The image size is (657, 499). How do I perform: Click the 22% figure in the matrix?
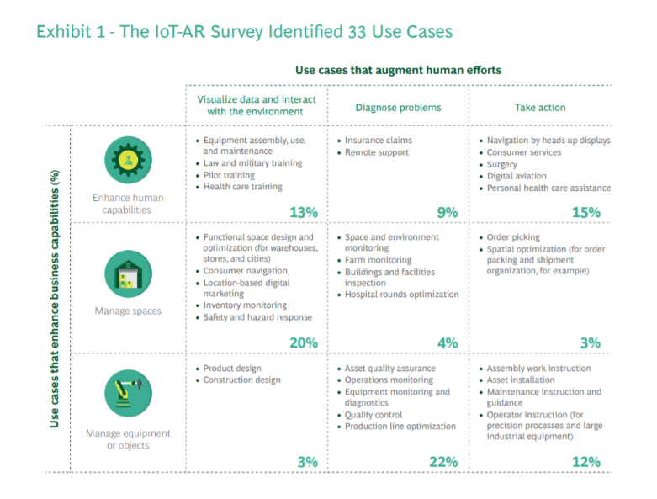pyautogui.click(x=443, y=461)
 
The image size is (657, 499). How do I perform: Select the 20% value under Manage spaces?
pyautogui.click(x=304, y=342)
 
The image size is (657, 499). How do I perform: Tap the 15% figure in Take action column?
pyautogui.click(x=585, y=213)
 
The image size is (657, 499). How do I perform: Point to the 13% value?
pyautogui.click(x=304, y=213)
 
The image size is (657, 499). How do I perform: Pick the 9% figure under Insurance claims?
pyautogui.click(x=448, y=213)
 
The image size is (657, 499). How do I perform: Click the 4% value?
pyautogui.click(x=448, y=342)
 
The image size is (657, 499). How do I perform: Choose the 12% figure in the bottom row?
pyautogui.click(x=585, y=461)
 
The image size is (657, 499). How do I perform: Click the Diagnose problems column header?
pyautogui.click(x=398, y=108)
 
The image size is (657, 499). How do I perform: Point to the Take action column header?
pyautogui.click(x=540, y=108)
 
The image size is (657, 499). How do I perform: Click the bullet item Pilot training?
pyautogui.click(x=230, y=175)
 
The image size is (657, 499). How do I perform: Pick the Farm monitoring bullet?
pyautogui.click(x=378, y=260)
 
